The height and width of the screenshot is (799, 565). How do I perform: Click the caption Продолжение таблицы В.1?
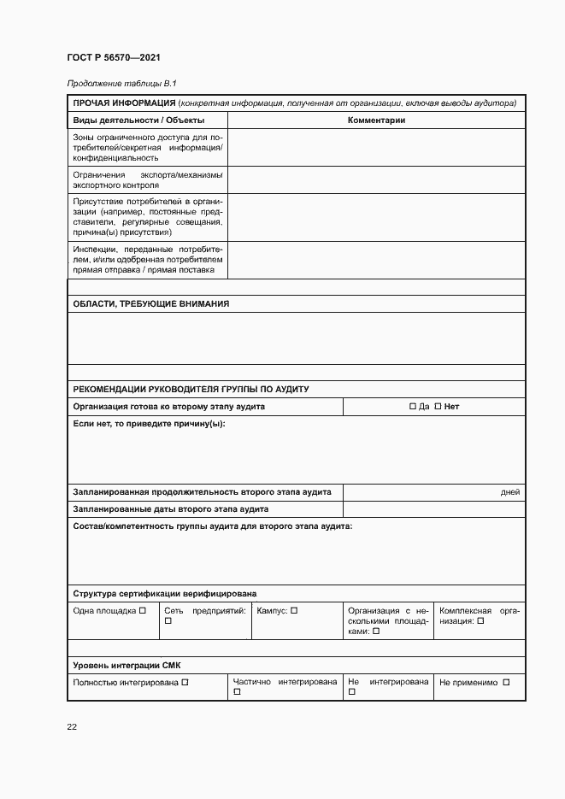point(121,83)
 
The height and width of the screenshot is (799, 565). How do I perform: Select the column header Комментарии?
point(376,120)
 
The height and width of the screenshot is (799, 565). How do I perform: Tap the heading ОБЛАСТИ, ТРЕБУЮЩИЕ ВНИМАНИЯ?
point(151,304)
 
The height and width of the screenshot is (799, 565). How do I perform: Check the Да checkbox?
point(413,407)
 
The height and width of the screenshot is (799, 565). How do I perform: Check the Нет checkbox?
point(438,407)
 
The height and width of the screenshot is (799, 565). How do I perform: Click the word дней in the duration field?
point(509,492)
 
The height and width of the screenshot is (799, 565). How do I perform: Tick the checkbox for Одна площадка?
point(143,610)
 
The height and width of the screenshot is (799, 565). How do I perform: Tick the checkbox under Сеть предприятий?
point(168,621)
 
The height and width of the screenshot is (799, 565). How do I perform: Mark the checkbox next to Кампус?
point(294,610)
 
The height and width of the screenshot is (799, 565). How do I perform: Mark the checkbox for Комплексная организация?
point(480,621)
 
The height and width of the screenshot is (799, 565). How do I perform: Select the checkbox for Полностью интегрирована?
point(185,682)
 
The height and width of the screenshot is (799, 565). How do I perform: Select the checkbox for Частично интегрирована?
point(237,693)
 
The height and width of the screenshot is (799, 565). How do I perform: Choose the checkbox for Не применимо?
point(506,682)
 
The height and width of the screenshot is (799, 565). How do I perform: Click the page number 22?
point(72,726)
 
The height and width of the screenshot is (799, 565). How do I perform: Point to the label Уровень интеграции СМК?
point(127,665)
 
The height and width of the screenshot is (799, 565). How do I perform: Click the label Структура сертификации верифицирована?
point(165,593)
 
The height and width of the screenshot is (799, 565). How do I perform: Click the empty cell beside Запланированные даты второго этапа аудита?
point(433,509)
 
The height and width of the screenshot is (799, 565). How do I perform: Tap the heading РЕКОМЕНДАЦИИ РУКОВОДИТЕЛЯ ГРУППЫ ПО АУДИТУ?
point(191,390)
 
